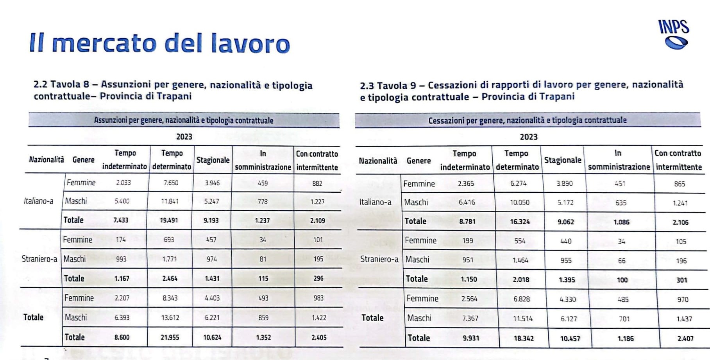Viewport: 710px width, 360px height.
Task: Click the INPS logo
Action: coord(674,34)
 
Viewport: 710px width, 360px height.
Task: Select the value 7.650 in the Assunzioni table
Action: coord(171,183)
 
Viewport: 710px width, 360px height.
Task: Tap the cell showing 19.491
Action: coord(169,220)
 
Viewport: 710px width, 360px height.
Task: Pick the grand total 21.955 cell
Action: coord(170,337)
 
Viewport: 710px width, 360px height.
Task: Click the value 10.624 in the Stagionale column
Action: coord(212,337)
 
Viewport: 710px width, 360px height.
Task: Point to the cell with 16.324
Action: coord(520,222)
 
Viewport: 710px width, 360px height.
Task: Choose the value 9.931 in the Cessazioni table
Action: coord(471,338)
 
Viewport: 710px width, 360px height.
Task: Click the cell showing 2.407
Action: coord(685,339)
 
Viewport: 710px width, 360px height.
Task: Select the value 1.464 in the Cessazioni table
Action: coord(520,260)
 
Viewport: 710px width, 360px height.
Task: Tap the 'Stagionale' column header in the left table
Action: coord(213,160)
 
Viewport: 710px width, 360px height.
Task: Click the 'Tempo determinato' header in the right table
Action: coord(517,160)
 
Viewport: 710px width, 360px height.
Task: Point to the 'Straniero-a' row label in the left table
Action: coord(39,259)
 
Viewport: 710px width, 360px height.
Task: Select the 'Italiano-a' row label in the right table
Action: coord(375,202)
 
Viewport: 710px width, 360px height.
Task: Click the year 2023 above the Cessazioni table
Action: coord(528,137)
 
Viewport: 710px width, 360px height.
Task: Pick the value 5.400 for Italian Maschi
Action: coord(122,201)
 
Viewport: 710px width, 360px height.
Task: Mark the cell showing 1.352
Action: coord(263,337)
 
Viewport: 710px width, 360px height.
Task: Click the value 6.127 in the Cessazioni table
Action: coord(569,319)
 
